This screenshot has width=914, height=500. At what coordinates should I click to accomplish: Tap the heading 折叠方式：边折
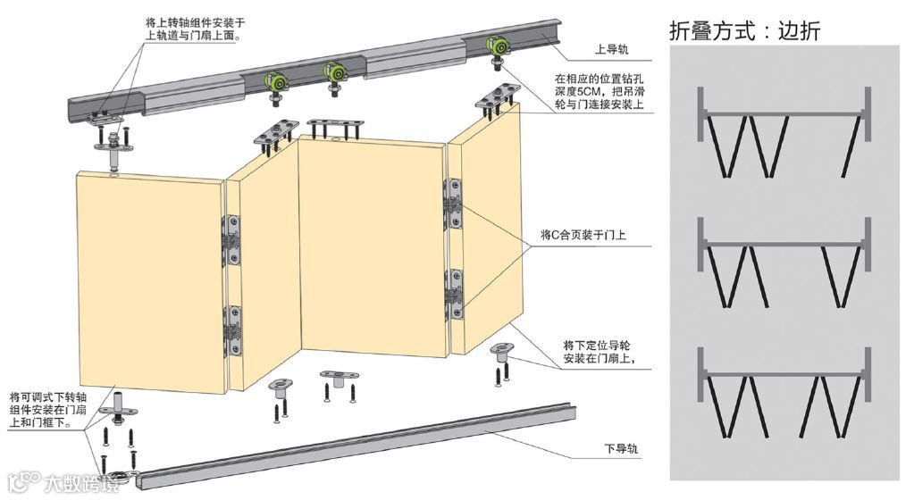(744, 30)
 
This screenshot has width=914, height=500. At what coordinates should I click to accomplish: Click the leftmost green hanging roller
(277, 83)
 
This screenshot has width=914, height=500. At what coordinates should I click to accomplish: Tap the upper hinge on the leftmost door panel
(235, 239)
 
